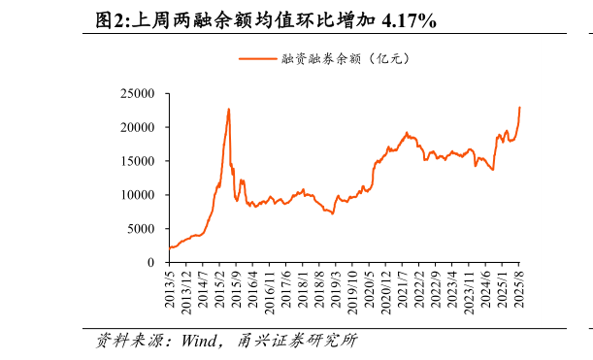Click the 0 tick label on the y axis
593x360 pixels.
pos(151,262)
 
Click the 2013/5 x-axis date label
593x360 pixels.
pos(171,290)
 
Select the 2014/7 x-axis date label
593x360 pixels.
pos(204,290)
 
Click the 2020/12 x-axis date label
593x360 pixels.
pos(385,292)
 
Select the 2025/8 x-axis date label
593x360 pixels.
pos(518,290)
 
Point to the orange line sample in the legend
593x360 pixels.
pos(257,58)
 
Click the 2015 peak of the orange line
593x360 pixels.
pos(229,109)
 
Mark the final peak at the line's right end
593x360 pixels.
pos(519,107)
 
